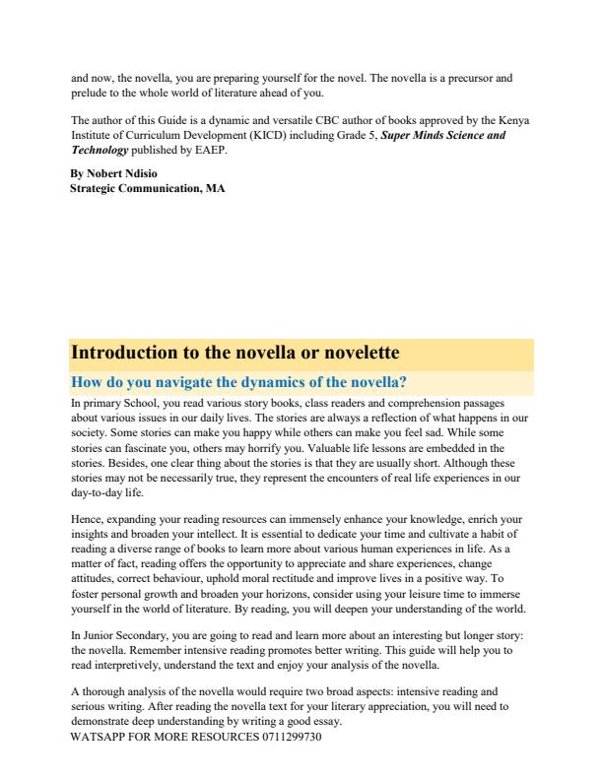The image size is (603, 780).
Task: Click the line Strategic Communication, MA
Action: pos(148,187)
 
